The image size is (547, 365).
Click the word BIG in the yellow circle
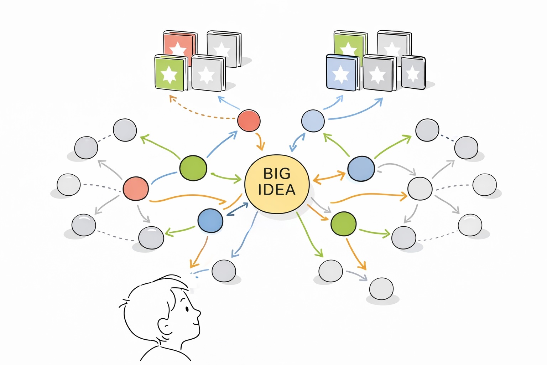(x=277, y=174)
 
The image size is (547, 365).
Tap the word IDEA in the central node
(x=277, y=190)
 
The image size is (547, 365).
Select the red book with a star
(x=179, y=45)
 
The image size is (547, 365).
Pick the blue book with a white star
(x=341, y=73)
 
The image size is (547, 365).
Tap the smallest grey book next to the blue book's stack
(x=413, y=72)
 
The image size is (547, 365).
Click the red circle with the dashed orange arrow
(x=249, y=120)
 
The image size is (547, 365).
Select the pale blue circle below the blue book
(x=313, y=121)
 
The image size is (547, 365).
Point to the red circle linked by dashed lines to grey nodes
(x=136, y=188)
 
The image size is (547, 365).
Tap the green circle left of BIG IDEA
(x=193, y=168)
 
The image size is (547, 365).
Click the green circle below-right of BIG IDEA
(x=343, y=223)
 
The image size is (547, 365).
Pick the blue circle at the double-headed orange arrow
(x=361, y=169)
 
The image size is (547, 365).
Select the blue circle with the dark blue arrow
(x=210, y=220)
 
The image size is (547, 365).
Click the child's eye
(x=186, y=309)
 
